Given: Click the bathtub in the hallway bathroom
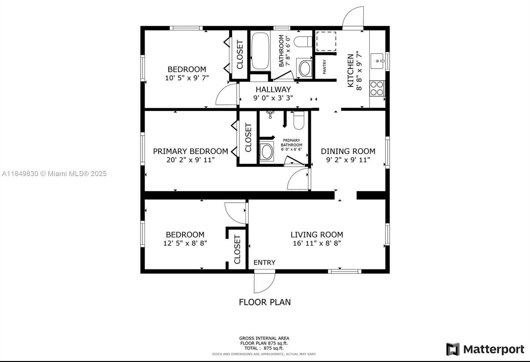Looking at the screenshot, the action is pyautogui.click(x=260, y=51).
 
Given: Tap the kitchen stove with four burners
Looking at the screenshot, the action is pyautogui.click(x=377, y=88).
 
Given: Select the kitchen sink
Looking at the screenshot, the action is pyautogui.click(x=377, y=61).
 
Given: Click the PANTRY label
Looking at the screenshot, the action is pyautogui.click(x=324, y=67).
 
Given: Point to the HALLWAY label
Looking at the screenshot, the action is pyautogui.click(x=273, y=89).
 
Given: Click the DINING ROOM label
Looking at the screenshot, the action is pyautogui.click(x=348, y=151).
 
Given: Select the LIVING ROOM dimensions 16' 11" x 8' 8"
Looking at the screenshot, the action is pyautogui.click(x=317, y=243).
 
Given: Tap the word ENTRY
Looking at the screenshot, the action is pyautogui.click(x=265, y=262).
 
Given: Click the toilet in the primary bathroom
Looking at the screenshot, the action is pyautogui.click(x=298, y=120).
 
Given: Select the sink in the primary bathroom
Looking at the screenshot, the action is pyautogui.click(x=266, y=151).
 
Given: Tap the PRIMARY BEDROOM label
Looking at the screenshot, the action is pyautogui.click(x=190, y=151).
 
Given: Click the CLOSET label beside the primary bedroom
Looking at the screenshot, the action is pyautogui.click(x=248, y=137).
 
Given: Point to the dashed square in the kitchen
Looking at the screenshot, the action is pyautogui.click(x=326, y=41).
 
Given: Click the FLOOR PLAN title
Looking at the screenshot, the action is pyautogui.click(x=265, y=302).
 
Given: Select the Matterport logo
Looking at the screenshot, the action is pyautogui.click(x=485, y=349).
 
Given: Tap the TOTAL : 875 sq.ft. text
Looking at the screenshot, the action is pyautogui.click(x=264, y=348).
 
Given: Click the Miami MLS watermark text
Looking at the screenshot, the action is pyautogui.click(x=54, y=174).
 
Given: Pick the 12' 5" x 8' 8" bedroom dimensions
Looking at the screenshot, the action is pyautogui.click(x=185, y=243).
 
